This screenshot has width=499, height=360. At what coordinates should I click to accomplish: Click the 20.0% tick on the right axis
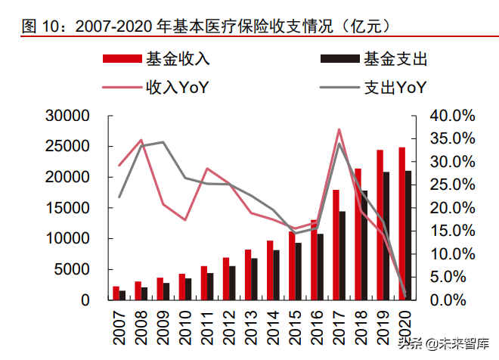pyautogui.click(x=452, y=208)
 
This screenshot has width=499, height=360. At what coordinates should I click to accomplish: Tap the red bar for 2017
pyautogui.click(x=336, y=245)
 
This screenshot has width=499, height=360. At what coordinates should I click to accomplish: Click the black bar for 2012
pyautogui.click(x=233, y=283)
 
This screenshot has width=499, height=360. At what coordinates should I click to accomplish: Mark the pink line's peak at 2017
pyautogui.click(x=339, y=129)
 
